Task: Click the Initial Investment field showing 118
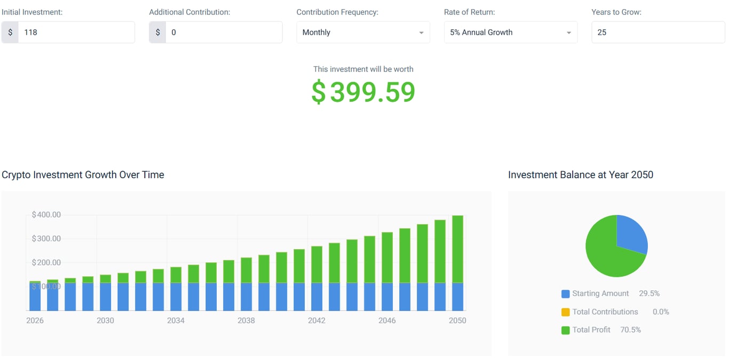pos(76,33)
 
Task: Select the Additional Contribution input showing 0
pos(224,33)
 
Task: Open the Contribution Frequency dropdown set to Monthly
pos(363,33)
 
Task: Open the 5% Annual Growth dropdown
pos(510,33)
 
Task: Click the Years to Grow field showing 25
pos(657,33)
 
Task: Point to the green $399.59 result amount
pos(363,92)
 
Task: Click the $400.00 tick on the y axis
pos(46,215)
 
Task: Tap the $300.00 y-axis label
pos(46,239)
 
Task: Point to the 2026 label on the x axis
pos(35,321)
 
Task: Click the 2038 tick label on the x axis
pos(246,321)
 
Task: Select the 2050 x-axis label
pos(457,321)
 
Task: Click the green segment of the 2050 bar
pos(457,249)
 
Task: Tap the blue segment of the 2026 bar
pos(35,297)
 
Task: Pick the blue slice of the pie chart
pos(631,235)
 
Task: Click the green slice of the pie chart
pos(606,253)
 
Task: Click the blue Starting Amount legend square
pos(566,294)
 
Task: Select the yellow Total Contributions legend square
pos(566,312)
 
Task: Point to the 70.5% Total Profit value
pos(630,330)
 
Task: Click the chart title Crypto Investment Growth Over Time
pos(83,175)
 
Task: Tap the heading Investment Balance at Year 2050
pos(581,175)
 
